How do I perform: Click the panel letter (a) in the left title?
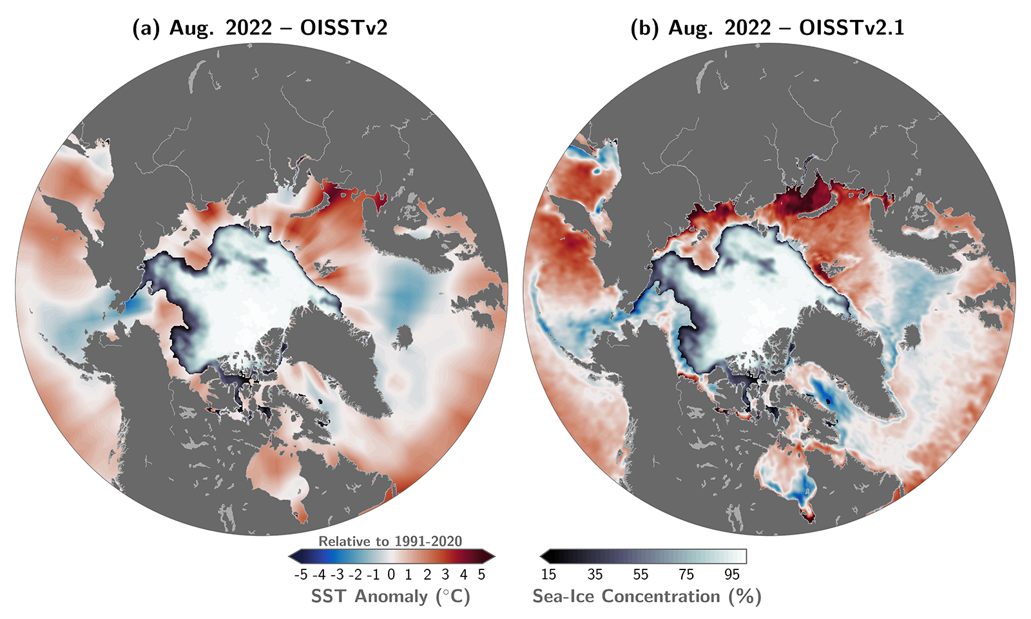point(146,28)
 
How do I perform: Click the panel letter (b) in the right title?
point(645,28)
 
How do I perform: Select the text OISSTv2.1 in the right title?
point(851,28)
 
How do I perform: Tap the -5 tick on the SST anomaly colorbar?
point(300,575)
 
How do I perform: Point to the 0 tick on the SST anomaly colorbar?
point(391,575)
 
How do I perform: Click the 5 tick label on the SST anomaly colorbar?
point(481,575)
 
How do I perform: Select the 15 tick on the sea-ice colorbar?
point(548,575)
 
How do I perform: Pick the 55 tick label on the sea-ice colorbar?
point(640,575)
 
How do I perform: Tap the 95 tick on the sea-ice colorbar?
point(732,575)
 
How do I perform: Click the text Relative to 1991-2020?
point(390,542)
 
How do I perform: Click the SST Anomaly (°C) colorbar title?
point(390,596)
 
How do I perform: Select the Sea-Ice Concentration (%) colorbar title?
point(646,596)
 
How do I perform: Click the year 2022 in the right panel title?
point(747,28)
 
